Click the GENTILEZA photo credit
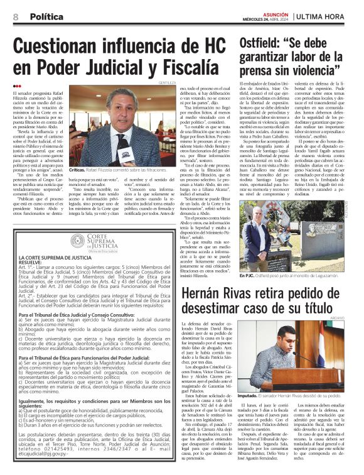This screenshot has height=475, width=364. coord(168,82)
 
